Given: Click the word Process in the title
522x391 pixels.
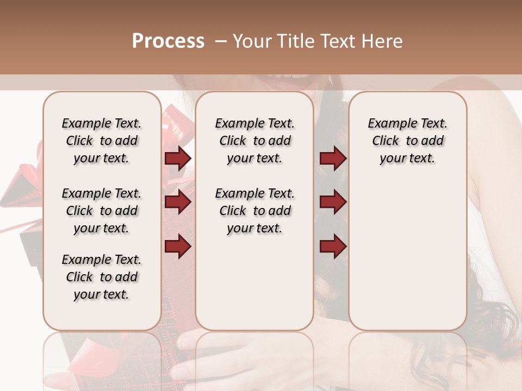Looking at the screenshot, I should [x=168, y=41].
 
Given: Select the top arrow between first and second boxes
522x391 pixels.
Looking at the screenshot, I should [x=178, y=159].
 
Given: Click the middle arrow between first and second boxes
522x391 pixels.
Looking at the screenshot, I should [x=178, y=203].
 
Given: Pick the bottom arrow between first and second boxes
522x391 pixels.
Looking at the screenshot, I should [x=178, y=246].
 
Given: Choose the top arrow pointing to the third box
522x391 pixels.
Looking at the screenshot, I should [x=333, y=159].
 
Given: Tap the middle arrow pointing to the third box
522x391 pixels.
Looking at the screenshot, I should [x=333, y=203].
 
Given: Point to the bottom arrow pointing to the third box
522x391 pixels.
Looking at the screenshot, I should [x=333, y=246].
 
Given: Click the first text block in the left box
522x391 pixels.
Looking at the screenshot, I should [x=102, y=141].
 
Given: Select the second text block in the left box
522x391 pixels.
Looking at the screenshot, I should [x=102, y=211].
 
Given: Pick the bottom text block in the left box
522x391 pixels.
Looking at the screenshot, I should [x=102, y=277].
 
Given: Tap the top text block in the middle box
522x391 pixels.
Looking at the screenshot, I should [x=254, y=141].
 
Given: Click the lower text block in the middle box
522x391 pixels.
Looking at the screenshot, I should [x=254, y=211].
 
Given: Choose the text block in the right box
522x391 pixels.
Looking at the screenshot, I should [x=407, y=141].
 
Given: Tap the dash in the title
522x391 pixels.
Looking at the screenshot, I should [x=221, y=41].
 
